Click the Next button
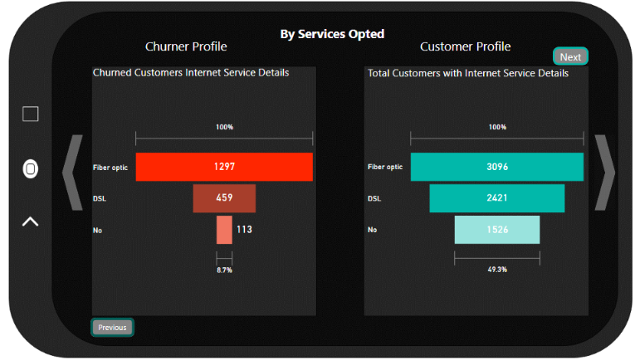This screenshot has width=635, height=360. tap(570, 56)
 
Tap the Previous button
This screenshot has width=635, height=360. tap(112, 327)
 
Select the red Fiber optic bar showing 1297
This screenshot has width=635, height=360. tap(224, 167)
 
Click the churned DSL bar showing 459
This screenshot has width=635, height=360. tap(224, 198)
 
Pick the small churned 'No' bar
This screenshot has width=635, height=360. tap(224, 230)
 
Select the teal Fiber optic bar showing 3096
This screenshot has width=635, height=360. tap(497, 167)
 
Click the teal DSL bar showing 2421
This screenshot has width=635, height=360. tap(497, 198)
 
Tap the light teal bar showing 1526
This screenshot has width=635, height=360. tap(497, 230)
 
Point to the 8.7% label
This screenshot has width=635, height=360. tap(224, 270)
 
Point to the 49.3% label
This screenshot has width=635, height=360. tap(497, 270)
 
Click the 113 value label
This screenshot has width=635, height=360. tap(244, 230)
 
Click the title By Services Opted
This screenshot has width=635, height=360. tap(332, 34)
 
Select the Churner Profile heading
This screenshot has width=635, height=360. tap(186, 46)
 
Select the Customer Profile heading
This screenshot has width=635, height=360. tap(465, 46)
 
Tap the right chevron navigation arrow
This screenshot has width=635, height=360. tap(605, 172)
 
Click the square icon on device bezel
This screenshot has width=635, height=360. tap(31, 114)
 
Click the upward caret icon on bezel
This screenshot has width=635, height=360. tap(30, 221)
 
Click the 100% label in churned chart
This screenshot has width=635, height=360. tap(224, 127)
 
